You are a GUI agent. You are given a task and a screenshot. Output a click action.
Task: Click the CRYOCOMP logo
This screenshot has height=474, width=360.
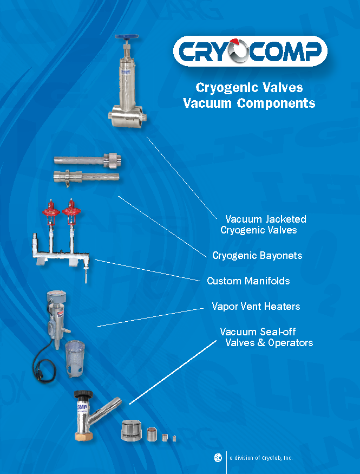[x=250, y=52]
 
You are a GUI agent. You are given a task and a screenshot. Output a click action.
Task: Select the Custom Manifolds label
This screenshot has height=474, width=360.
[x=248, y=281]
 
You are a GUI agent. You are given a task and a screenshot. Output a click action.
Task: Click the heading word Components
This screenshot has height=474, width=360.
[x=276, y=103]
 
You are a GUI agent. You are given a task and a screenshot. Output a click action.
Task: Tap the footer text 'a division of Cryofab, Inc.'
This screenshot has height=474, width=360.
[x=261, y=458]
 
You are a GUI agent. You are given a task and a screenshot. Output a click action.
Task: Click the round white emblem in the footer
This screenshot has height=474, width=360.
[x=218, y=458]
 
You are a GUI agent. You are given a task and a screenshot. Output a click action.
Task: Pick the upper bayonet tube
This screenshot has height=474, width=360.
[x=87, y=160]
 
